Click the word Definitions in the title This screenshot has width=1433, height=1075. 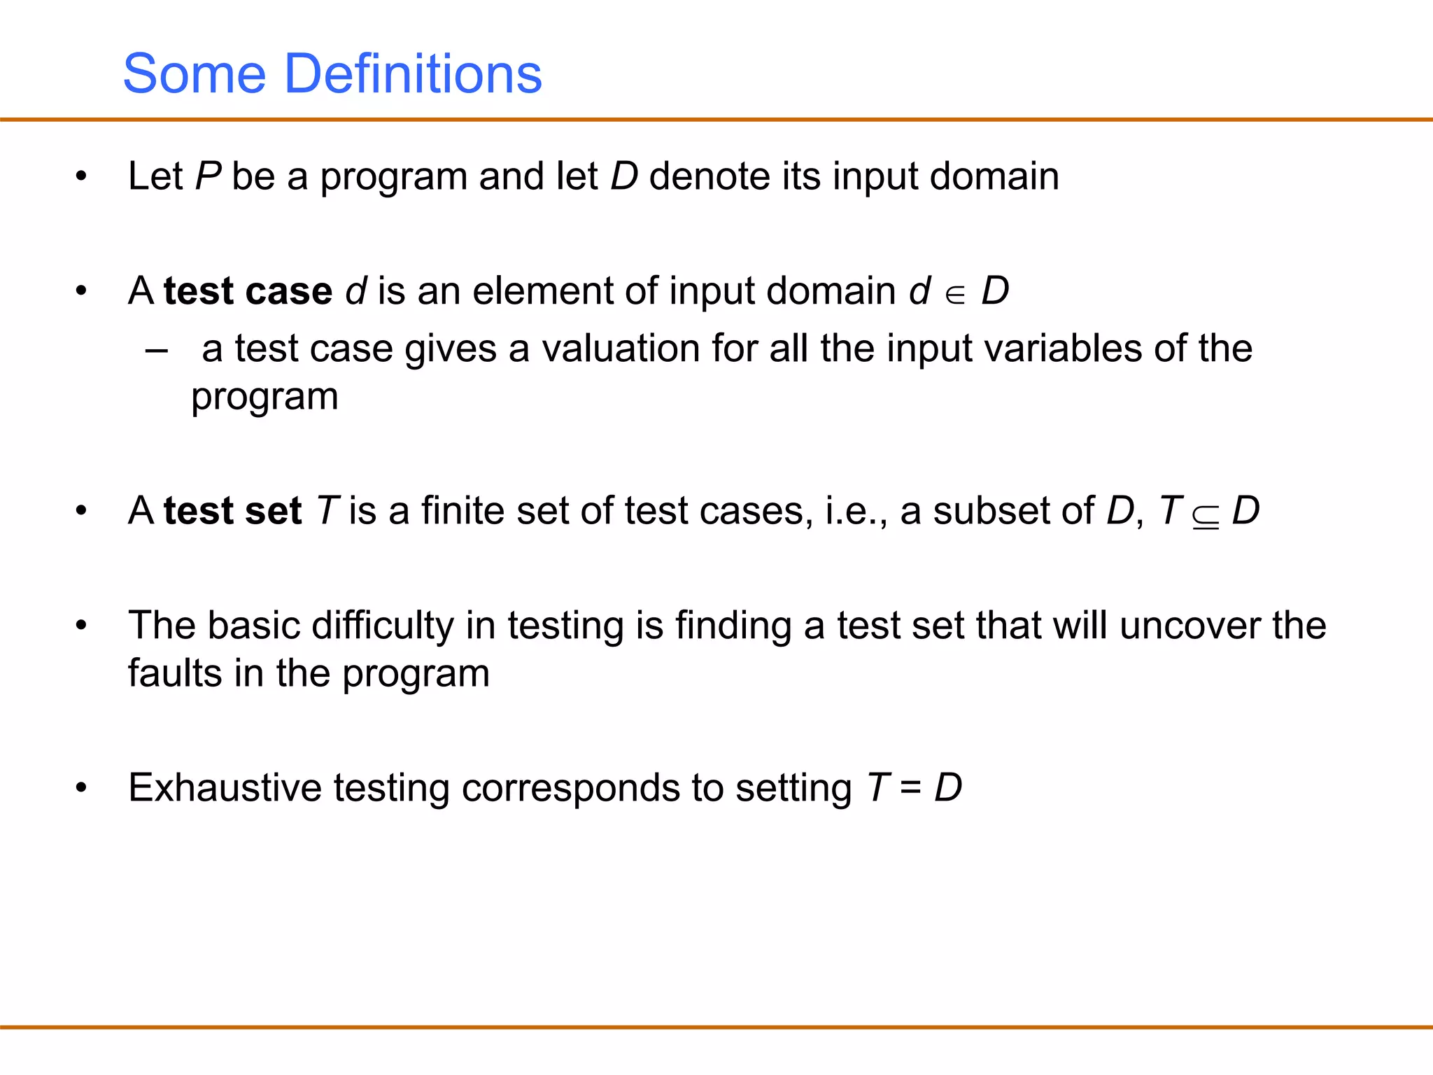[x=413, y=73]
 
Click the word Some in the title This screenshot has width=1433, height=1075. [x=195, y=73]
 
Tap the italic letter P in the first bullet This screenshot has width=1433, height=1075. [x=208, y=176]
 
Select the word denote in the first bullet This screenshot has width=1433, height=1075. [x=710, y=176]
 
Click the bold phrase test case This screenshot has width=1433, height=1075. [x=248, y=290]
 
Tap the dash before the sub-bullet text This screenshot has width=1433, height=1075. [x=157, y=349]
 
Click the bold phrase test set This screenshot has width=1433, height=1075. [x=232, y=510]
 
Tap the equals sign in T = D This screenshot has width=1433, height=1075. [x=910, y=789]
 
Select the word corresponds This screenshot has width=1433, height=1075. [x=571, y=789]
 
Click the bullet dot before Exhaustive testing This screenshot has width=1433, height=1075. [x=82, y=788]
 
